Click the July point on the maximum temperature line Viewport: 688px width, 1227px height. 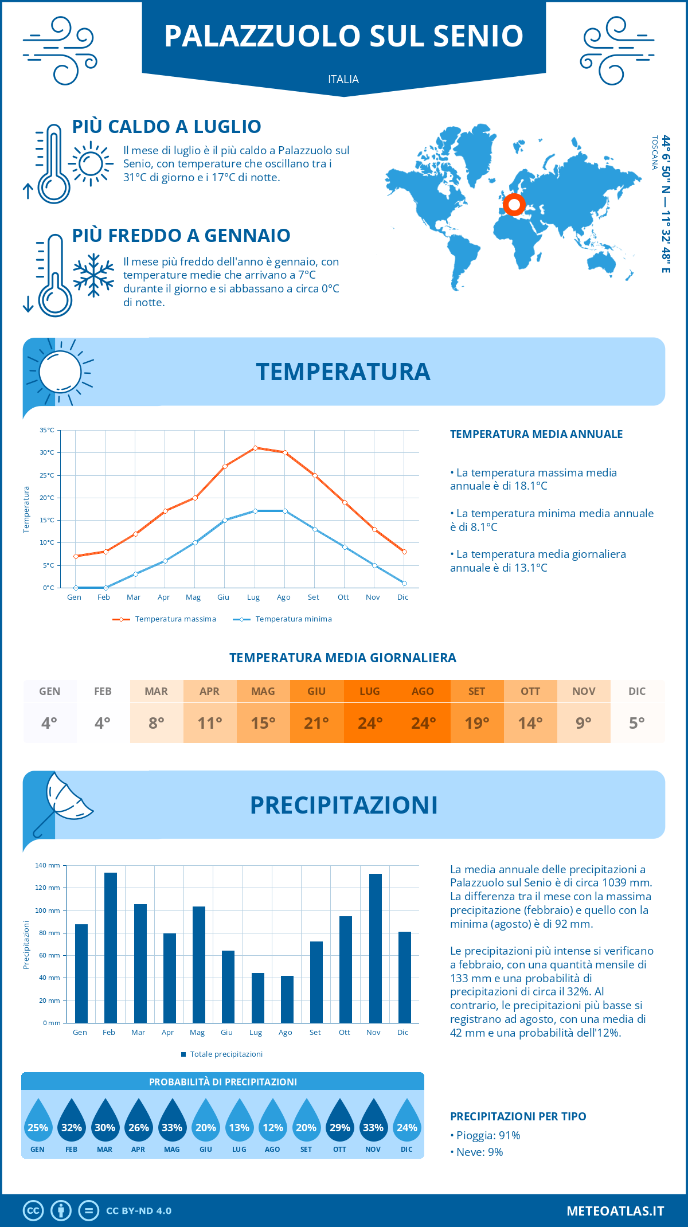click(x=255, y=448)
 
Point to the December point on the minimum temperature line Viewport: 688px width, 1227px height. click(x=404, y=583)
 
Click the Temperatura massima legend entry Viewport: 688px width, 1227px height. click(x=165, y=619)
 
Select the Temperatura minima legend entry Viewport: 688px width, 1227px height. click(x=283, y=619)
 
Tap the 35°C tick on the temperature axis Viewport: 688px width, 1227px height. click(x=47, y=430)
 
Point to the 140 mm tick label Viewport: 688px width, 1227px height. click(x=48, y=865)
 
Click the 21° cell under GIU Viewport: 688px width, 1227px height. click(x=316, y=723)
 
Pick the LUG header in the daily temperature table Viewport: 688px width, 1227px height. click(x=370, y=691)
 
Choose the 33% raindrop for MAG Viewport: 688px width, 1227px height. click(x=172, y=1120)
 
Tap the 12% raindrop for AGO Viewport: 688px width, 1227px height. click(x=273, y=1120)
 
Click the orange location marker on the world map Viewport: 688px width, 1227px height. click(x=514, y=204)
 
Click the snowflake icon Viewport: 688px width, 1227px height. click(x=93, y=275)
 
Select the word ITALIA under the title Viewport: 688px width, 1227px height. click(x=343, y=79)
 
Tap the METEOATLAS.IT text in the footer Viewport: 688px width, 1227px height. click(x=615, y=1211)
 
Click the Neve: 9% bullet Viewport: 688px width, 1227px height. click(x=476, y=1152)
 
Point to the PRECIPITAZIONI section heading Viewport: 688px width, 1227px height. click(x=343, y=805)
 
